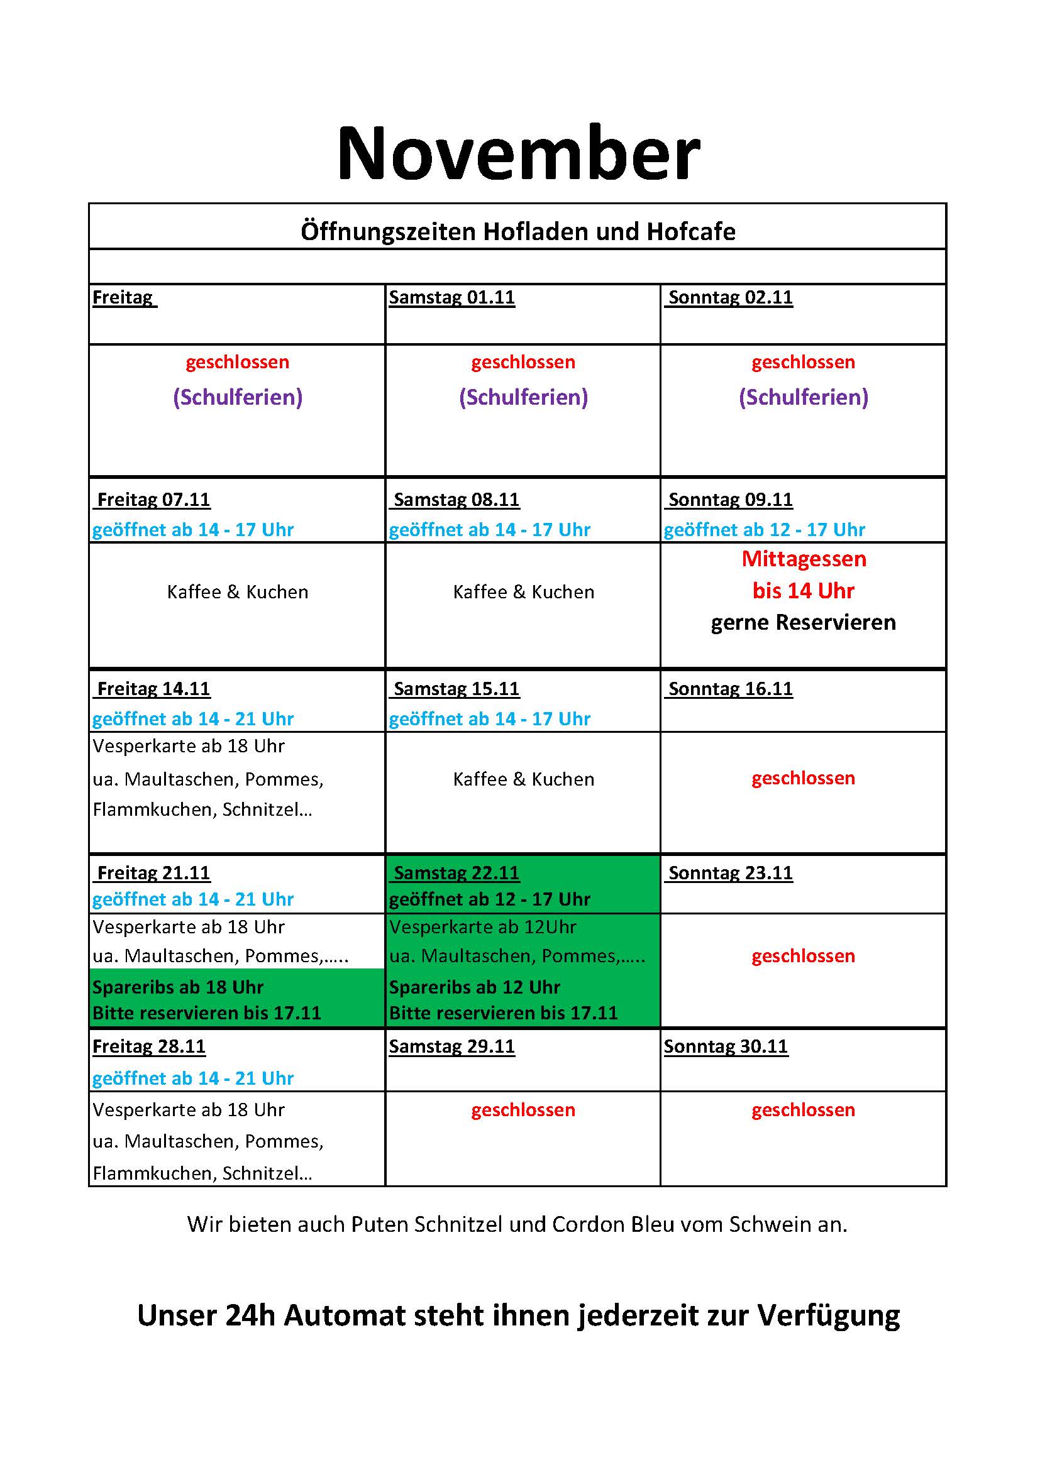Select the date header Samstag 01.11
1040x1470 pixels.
pos(451,298)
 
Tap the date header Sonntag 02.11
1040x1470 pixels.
pos(730,298)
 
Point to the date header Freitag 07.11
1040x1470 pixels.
pos(153,500)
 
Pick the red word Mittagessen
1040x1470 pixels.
pos(803,559)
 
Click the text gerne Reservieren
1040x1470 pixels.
pos(803,622)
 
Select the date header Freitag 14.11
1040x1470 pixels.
pos(153,689)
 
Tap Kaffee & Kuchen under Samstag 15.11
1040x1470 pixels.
pos(523,780)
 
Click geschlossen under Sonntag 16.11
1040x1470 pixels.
pos(803,779)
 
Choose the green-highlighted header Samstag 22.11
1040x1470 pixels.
pos(456,874)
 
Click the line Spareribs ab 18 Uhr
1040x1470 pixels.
pos(177,987)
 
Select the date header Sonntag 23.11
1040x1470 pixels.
pos(730,874)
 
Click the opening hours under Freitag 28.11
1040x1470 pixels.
pos(193,1079)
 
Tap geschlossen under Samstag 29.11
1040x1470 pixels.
pos(523,1110)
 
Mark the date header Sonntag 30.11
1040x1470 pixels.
pos(726,1047)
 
